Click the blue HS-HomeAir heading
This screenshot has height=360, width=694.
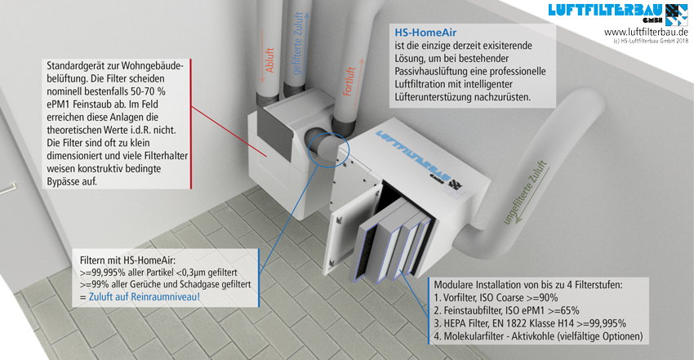pyautogui.click(x=425, y=33)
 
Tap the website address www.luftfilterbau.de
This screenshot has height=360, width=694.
pyautogui.click(x=646, y=33)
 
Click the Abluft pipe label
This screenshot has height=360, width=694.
pyautogui.click(x=269, y=60)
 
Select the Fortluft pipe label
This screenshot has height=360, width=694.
pyautogui.click(x=349, y=82)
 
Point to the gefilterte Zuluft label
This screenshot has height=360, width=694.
pyautogui.click(x=297, y=43)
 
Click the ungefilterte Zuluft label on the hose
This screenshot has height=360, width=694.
pyautogui.click(x=525, y=193)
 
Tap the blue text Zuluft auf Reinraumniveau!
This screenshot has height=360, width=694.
pyautogui.click(x=145, y=296)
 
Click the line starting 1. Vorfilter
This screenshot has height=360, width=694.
pyautogui.click(x=496, y=298)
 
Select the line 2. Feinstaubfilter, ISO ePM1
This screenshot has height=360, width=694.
pyautogui.click(x=506, y=310)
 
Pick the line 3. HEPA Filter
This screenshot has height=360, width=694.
pyautogui.click(x=530, y=323)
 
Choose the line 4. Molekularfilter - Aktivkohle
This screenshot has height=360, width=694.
pyautogui.click(x=538, y=336)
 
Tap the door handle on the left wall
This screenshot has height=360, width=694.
pyautogui.click(x=7, y=189)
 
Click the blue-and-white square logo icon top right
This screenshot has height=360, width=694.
pyautogui.click(x=677, y=15)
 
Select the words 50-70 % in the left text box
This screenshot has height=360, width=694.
pyautogui.click(x=148, y=91)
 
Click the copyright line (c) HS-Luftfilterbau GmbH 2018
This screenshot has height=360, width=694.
pyautogui.click(x=651, y=41)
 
